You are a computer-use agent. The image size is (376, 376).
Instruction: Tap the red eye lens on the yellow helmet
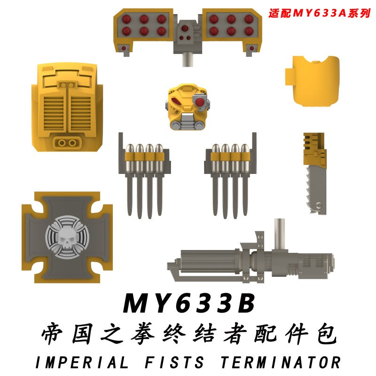(x=199, y=102)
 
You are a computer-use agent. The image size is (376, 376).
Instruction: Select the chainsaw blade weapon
(x=315, y=173)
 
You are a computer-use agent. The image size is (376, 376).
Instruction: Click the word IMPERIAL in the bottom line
(x=81, y=362)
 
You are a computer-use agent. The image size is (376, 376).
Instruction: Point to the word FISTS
(x=174, y=362)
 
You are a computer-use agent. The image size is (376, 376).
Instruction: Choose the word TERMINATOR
(x=280, y=362)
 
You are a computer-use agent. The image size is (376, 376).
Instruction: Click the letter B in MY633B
(x=244, y=303)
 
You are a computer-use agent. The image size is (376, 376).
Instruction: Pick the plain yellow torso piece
(x=312, y=81)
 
